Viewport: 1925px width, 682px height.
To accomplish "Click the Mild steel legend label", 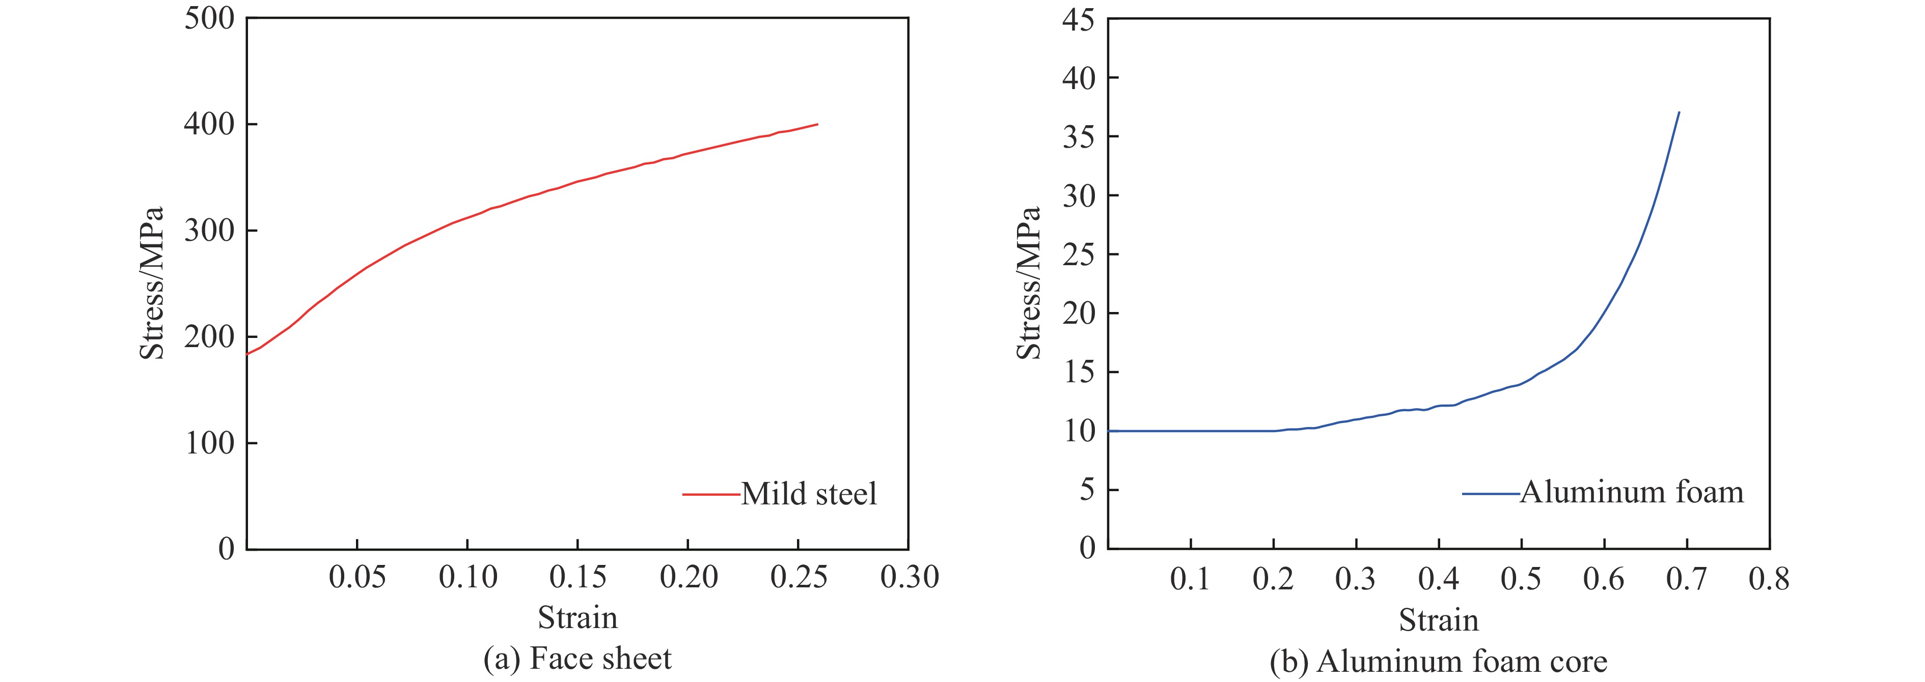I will point(809,494).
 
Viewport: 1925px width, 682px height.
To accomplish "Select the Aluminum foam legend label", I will point(1631,492).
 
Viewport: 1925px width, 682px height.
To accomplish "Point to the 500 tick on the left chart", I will point(209,19).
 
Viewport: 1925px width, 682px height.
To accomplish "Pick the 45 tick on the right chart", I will point(1078,20).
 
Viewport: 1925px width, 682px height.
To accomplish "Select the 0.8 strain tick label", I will point(1769,579).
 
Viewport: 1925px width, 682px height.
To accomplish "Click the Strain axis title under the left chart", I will point(577,618).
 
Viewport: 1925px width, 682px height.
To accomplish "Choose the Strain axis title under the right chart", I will point(1439,620).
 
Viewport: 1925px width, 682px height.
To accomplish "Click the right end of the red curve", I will point(817,124).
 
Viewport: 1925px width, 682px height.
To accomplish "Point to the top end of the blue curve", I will point(1679,112).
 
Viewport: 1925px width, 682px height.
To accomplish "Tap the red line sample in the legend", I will point(710,494).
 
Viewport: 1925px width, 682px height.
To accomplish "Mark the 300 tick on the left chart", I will point(209,231).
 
